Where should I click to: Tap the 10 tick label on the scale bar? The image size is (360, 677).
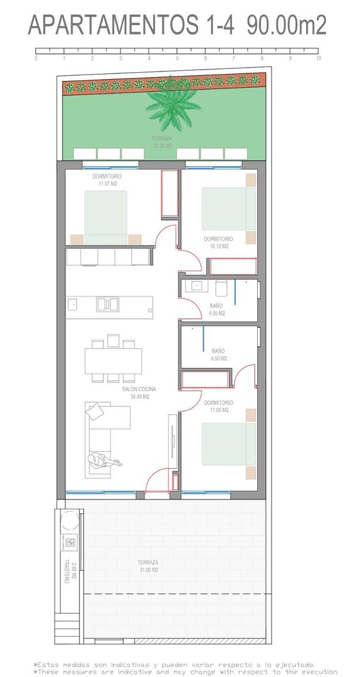(x=319, y=58)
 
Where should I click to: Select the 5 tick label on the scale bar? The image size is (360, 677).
(x=177, y=58)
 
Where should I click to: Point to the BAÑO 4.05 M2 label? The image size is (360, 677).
(x=217, y=310)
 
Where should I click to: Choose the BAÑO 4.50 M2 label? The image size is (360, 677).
(x=219, y=355)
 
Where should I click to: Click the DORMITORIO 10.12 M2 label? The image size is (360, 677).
(x=218, y=243)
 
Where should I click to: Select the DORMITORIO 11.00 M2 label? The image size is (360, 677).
(x=218, y=406)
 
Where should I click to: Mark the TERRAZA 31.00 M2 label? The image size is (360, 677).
(x=148, y=566)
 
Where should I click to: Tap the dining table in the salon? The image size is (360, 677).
(x=114, y=360)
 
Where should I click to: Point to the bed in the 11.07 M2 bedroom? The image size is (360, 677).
(x=106, y=217)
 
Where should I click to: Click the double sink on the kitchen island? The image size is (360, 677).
(x=107, y=304)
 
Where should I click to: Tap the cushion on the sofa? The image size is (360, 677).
(x=95, y=411)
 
